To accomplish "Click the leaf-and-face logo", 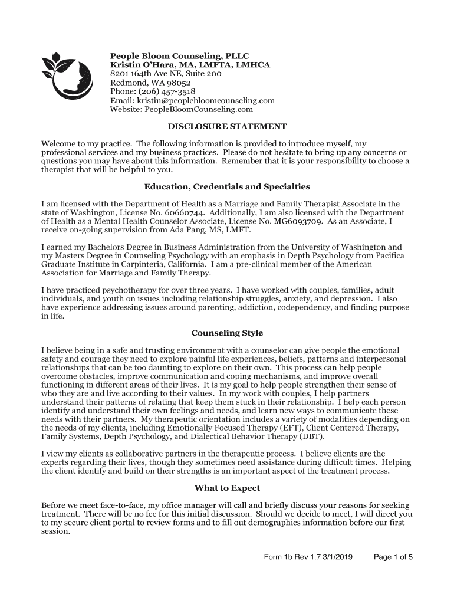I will click(68, 75).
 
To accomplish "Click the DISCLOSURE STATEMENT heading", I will click(227, 126).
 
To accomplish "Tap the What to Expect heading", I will click(227, 488).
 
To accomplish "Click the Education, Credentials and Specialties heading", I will click(227, 187).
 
